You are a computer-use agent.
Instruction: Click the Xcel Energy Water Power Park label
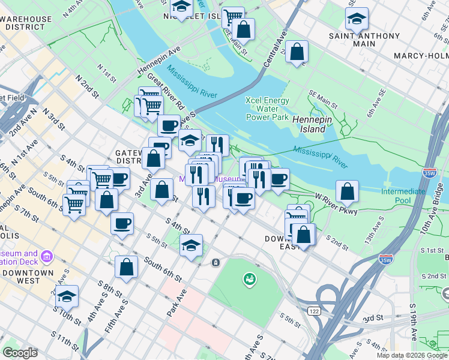[x=268, y=109]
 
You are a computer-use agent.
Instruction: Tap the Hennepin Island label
[x=310, y=124]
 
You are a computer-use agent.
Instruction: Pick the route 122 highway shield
[x=313, y=311]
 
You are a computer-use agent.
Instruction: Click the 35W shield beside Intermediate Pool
[x=429, y=173]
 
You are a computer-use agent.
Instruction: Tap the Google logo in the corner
[x=20, y=353]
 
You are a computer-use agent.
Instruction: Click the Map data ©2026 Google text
[x=412, y=355]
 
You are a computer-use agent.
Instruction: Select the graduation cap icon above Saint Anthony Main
[x=357, y=18]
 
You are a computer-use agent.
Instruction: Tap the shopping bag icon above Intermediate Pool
[x=347, y=191]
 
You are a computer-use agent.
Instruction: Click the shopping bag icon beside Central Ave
[x=297, y=52]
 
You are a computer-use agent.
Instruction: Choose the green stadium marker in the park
[x=249, y=278]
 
